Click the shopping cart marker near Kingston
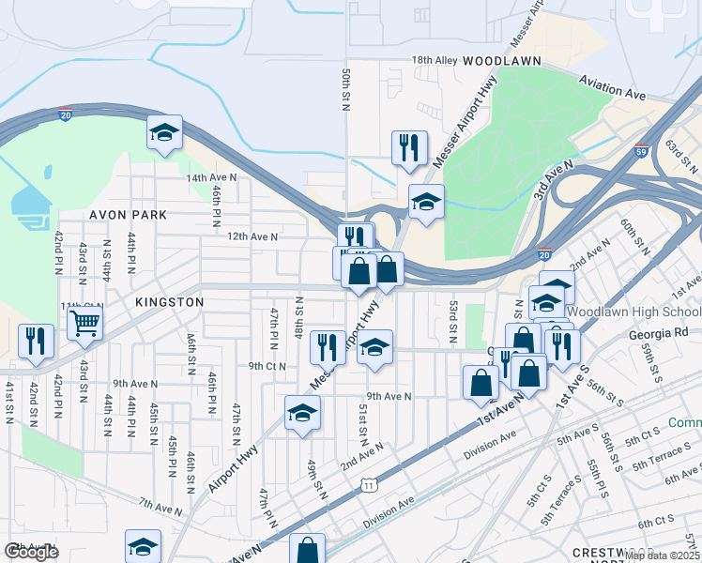84,324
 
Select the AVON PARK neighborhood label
128,215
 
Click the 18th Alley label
435,60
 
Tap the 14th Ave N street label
209,177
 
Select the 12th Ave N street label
252,237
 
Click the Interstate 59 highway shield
641,151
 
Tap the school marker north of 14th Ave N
164,132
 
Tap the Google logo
31,552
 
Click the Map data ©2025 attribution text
663,555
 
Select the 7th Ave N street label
160,508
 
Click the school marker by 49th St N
302,413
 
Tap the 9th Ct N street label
267,366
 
